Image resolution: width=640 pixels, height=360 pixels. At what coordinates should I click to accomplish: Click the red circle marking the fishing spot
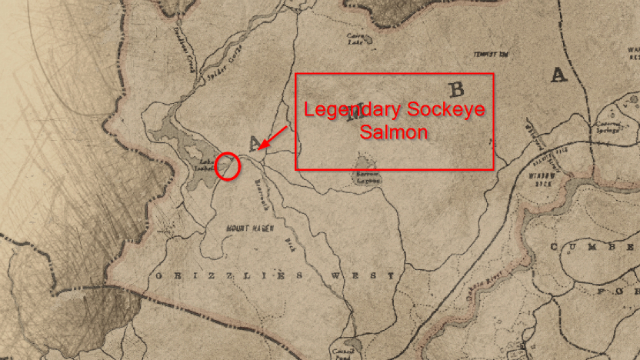pyautogui.click(x=229, y=165)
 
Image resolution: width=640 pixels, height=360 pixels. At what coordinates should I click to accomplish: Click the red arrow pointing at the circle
pyautogui.click(x=272, y=139)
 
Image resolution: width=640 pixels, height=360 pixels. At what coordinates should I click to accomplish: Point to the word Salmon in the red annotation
pyautogui.click(x=394, y=131)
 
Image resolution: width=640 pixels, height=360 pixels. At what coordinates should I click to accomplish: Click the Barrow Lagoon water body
pyautogui.click(x=365, y=163)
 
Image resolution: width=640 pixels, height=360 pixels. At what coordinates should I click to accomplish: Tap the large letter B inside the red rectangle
pyautogui.click(x=459, y=88)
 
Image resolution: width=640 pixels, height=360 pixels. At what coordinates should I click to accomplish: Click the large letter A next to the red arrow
pyautogui.click(x=253, y=141)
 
